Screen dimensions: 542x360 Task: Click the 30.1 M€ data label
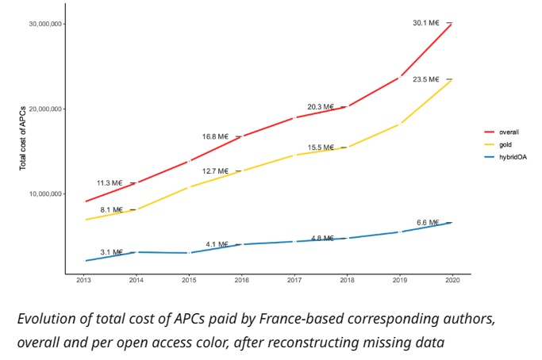point(426,23)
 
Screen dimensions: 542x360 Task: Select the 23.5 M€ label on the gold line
point(426,79)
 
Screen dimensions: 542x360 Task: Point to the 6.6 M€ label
point(428,223)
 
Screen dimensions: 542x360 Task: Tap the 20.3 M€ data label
point(321,107)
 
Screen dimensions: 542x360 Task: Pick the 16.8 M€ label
point(215,137)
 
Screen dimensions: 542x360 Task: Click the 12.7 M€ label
point(215,171)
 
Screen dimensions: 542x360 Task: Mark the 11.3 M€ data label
point(110,183)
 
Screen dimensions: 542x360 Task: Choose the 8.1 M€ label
point(112,209)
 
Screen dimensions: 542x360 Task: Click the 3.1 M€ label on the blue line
point(112,252)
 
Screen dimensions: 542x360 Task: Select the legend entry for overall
point(502,132)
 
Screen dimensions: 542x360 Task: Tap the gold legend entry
point(498,144)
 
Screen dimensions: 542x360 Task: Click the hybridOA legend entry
point(505,157)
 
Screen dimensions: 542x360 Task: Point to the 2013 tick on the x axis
point(83,280)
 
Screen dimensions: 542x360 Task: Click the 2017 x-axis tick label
point(294,280)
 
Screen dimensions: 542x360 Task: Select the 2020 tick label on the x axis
point(452,280)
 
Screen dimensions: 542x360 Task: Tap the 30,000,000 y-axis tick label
point(45,24)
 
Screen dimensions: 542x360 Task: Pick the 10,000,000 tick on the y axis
point(45,193)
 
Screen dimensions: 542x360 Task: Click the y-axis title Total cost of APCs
point(23,138)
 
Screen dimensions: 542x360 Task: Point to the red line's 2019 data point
point(400,77)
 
